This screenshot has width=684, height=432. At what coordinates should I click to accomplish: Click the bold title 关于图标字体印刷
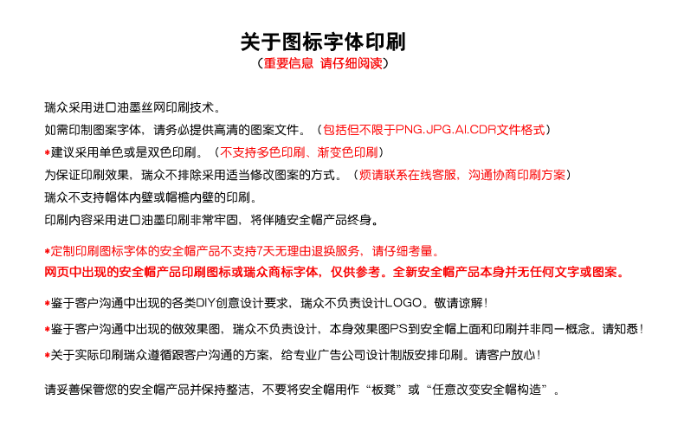click(x=323, y=42)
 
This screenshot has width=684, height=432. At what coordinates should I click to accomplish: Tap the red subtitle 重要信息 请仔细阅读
click(x=323, y=63)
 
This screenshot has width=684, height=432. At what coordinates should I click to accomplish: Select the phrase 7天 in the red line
click(x=265, y=251)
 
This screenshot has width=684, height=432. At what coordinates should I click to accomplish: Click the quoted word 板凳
click(x=384, y=390)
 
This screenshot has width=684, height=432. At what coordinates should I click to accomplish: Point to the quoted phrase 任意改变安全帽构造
click(x=487, y=390)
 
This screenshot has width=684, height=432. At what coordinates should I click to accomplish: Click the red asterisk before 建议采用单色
click(x=47, y=152)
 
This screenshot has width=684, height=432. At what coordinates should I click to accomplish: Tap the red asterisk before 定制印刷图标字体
click(x=47, y=251)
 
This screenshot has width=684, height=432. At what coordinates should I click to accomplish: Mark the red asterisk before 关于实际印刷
click(x=47, y=355)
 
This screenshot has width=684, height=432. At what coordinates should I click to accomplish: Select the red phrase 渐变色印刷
click(x=348, y=152)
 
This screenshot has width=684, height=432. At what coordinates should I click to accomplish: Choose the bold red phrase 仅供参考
click(x=355, y=272)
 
